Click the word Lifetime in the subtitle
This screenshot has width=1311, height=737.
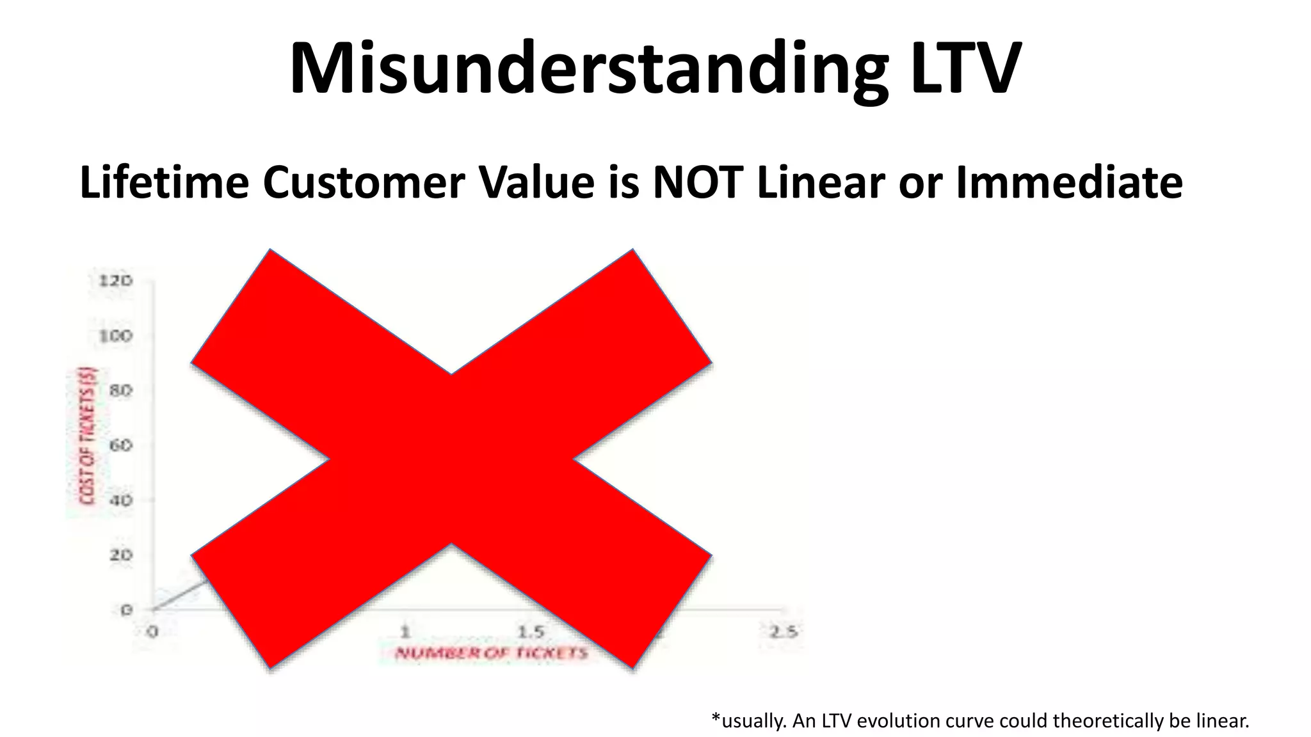[164, 183]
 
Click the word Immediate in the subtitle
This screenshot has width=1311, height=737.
[1069, 183]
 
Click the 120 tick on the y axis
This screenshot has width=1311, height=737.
[115, 281]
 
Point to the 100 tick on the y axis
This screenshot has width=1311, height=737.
[115, 336]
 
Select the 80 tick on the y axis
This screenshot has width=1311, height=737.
[120, 390]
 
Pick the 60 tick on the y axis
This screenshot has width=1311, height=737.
[120, 445]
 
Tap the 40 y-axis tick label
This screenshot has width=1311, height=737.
[120, 500]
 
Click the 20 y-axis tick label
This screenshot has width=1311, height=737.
[120, 555]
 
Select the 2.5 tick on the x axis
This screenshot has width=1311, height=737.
[783, 632]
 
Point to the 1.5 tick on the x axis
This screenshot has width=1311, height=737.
[530, 632]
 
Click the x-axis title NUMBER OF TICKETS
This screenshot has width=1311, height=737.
[491, 653]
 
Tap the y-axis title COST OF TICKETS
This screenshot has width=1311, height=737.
[87, 435]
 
